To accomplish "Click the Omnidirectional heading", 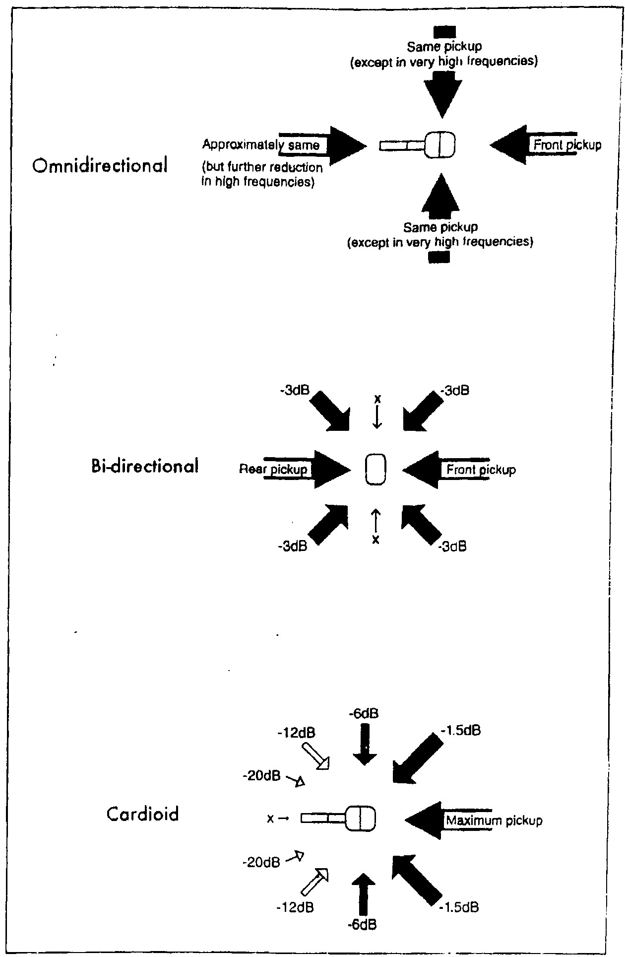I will pos(100,166).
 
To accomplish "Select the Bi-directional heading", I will pos(145,467).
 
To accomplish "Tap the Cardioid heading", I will pos(142,815).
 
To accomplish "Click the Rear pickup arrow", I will pos(308,469).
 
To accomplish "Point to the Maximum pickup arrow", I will pos(449,820).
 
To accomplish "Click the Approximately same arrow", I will pos(322,145).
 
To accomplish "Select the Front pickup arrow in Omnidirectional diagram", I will pos(533,145).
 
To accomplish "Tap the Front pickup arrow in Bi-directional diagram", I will pos(446,469).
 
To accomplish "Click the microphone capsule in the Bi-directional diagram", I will pos(375,469).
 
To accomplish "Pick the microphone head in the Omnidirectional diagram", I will pos(439,145).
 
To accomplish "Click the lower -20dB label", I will pos(261,862).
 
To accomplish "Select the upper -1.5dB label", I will pos(460,731).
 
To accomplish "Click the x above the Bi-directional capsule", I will pos(377,398).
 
